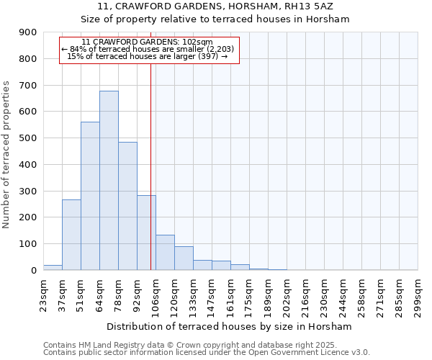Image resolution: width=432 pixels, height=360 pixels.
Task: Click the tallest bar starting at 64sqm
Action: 109,181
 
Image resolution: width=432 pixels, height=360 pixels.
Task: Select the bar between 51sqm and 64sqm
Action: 90,196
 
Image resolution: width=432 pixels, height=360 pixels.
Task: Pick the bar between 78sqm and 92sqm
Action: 127,206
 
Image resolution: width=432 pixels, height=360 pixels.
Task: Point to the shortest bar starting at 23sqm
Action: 53,267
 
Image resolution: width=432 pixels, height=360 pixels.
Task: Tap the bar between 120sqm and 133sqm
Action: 184,258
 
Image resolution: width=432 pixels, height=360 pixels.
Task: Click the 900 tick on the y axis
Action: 28,32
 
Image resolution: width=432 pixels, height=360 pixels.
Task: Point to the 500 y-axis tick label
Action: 28,138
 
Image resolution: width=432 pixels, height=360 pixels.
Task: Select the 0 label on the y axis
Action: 33,271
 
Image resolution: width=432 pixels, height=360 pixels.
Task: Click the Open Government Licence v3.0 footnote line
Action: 207,353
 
